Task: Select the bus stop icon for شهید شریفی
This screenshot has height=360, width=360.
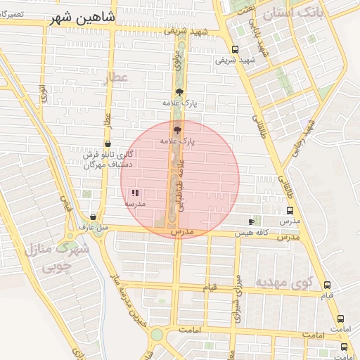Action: coord(234,50)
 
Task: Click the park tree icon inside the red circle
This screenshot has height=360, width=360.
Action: coord(176,129)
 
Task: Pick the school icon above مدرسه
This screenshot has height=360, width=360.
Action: coord(135,193)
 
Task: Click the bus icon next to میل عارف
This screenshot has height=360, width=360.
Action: coord(94,217)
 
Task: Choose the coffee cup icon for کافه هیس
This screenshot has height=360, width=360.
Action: coord(251,221)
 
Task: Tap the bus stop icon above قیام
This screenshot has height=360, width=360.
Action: coord(327,285)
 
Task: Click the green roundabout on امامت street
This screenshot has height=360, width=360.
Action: coord(156,335)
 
